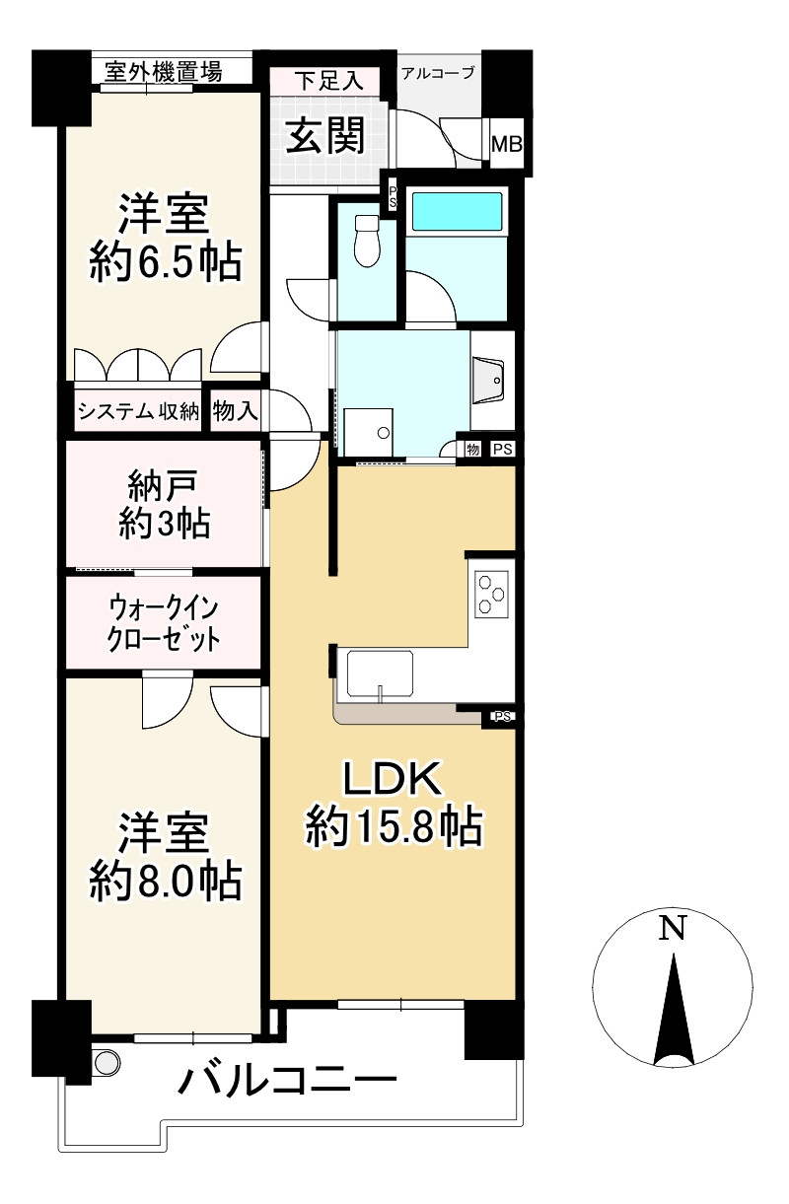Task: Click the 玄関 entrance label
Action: pyautogui.click(x=325, y=135)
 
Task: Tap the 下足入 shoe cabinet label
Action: pyautogui.click(x=329, y=80)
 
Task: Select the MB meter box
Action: pyautogui.click(x=507, y=144)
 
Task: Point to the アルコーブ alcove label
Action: pyautogui.click(x=438, y=73)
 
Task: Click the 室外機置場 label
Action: pyautogui.click(x=164, y=71)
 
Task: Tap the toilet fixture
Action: pyautogui.click(x=368, y=241)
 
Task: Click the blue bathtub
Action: pyautogui.click(x=457, y=212)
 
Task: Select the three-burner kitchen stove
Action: pyautogui.click(x=491, y=593)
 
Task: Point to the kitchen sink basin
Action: pyautogui.click(x=380, y=674)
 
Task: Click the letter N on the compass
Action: pyautogui.click(x=673, y=928)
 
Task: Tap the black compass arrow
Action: pyautogui.click(x=673, y=1011)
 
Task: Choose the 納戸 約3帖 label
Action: pyautogui.click(x=164, y=505)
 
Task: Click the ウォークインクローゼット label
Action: pyautogui.click(x=164, y=624)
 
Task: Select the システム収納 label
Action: pyautogui.click(x=138, y=412)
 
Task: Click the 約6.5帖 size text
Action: pyautogui.click(x=165, y=263)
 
